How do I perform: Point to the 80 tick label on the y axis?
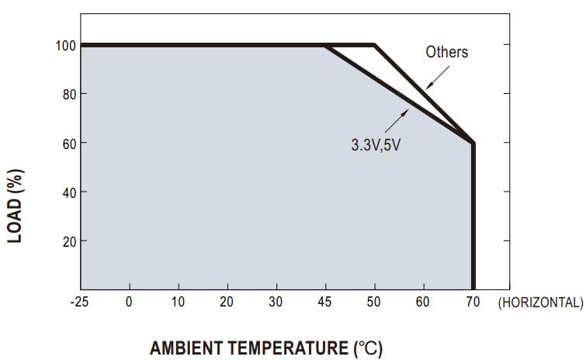coord(66,94)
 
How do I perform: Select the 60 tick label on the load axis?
coord(66,143)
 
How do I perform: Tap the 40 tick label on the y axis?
coord(66,192)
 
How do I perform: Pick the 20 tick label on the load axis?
coord(66,241)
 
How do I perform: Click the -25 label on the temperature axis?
coord(79,303)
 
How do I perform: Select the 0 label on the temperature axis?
coord(129,303)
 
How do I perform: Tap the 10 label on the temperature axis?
coord(178,303)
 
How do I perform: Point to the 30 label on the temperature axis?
coord(276,303)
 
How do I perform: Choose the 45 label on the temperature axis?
coord(325,303)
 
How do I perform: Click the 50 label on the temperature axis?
coord(374,303)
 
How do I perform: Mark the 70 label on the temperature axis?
coord(473,303)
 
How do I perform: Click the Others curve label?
coord(447,53)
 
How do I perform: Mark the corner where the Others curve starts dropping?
coord(374,45)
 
